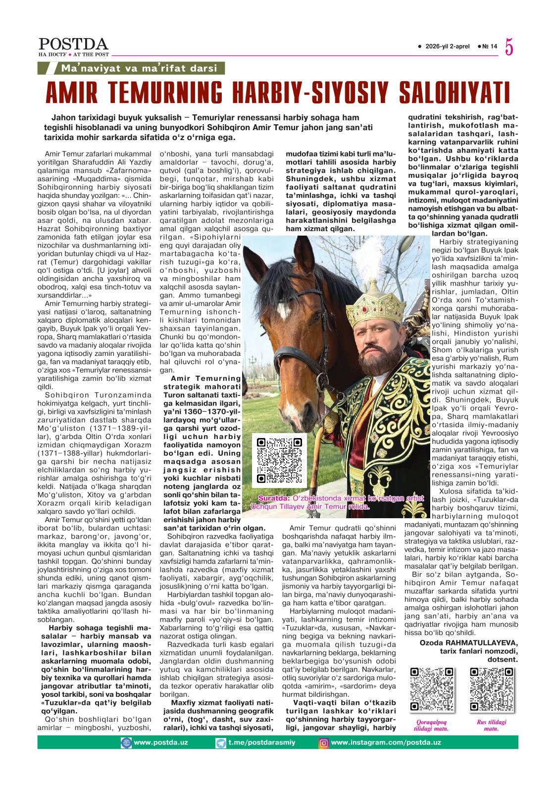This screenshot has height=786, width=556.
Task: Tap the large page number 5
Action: pyautogui.click(x=509, y=47)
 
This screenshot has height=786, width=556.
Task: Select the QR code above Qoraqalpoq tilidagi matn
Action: pyautogui.click(x=432, y=689)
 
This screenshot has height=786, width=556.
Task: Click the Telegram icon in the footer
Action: pyautogui.click(x=221, y=742)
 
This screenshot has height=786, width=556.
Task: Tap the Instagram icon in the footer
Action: pyautogui.click(x=323, y=742)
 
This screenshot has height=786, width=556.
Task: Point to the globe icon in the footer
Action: pyautogui.click(x=127, y=742)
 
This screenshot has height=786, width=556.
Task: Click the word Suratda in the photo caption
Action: pyautogui.click(x=274, y=498)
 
